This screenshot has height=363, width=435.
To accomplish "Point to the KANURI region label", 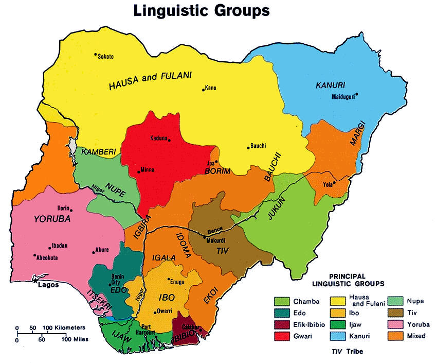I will click(x=330, y=84).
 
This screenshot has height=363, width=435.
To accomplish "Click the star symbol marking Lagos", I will click(x=35, y=281).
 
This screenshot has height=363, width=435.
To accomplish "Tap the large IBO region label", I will click(x=168, y=297).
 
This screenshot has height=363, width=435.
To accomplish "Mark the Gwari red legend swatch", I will click(x=282, y=336).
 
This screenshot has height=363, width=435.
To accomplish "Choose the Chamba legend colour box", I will click(x=282, y=301).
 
